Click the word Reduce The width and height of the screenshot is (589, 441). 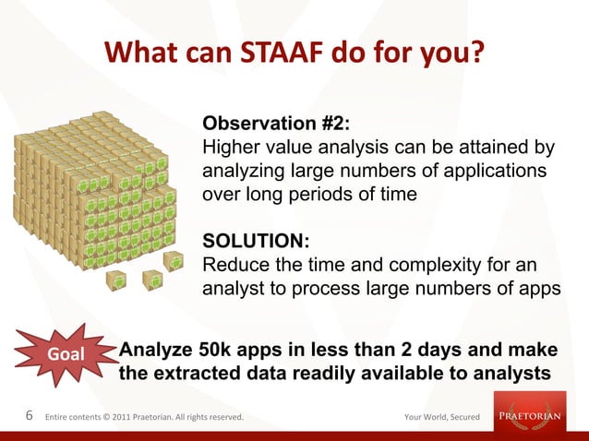[x=233, y=266]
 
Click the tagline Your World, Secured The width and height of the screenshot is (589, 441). [x=441, y=417]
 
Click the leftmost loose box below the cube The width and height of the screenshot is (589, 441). [x=116, y=280]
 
